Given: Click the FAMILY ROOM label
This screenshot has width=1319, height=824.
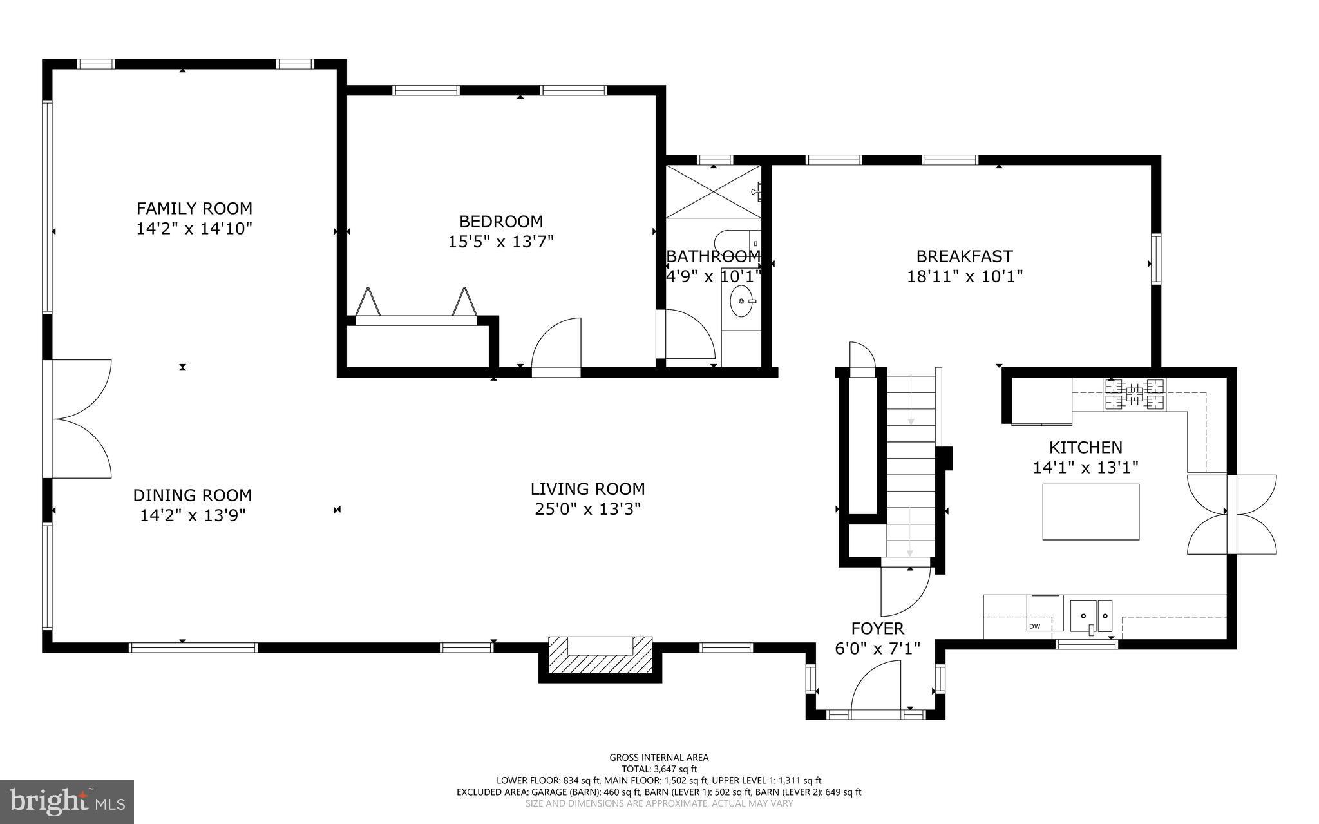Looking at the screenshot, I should pos(194,208).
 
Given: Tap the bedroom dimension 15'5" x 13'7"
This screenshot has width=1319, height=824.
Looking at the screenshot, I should pos(500,242).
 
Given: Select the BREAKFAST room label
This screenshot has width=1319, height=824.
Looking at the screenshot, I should pos(964,256).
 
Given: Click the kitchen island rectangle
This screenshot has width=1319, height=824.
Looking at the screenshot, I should pos(1090,512).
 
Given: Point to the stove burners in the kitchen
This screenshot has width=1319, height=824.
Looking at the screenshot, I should pos(1135,395).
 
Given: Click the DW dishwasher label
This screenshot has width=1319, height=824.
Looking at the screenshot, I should pos(1034,626).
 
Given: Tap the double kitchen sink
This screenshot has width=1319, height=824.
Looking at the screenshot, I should pos(1091,616).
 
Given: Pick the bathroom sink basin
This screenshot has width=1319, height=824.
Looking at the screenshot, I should pos(742,301).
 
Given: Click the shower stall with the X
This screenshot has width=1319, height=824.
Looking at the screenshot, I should pos(712,192).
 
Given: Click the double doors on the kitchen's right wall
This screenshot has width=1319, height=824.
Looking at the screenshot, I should pos(1231,513).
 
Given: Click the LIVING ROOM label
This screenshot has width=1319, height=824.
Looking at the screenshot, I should pos(587,489).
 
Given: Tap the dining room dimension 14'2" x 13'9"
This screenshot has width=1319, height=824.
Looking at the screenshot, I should pos(193,515).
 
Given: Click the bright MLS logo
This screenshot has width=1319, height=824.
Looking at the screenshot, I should pos(67,801).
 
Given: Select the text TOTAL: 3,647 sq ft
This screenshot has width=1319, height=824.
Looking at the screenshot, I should pos(659,769).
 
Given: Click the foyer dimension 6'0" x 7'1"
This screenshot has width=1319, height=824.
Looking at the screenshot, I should pos(877,648).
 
